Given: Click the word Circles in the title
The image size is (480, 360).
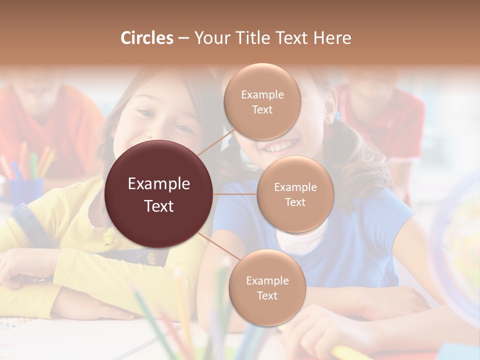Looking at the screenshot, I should point(147,38).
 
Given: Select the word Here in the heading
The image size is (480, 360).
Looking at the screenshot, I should point(332,38).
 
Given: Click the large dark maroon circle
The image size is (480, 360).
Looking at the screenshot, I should point(159,194).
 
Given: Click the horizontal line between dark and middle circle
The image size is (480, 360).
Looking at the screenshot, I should point(235,194).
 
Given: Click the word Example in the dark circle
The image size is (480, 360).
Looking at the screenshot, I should point(159,184).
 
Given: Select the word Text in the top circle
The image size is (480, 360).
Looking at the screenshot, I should point(262,109).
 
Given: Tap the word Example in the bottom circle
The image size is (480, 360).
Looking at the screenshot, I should point(267,280).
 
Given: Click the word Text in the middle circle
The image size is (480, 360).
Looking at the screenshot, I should point(295,202).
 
